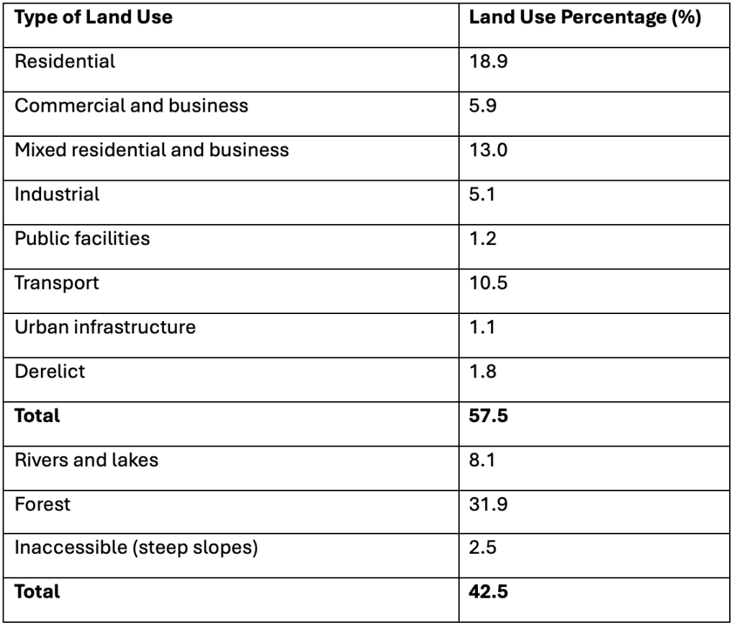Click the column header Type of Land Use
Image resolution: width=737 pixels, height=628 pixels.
[x=94, y=18]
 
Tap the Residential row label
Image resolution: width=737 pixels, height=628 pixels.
[x=65, y=62]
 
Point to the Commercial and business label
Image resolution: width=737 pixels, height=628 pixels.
[x=131, y=106]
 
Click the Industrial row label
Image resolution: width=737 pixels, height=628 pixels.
[x=57, y=194]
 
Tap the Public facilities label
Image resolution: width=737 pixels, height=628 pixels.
[x=82, y=238]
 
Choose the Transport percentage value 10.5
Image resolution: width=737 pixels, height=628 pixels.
[x=485, y=282]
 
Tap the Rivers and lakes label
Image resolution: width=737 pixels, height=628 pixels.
[x=86, y=459]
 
